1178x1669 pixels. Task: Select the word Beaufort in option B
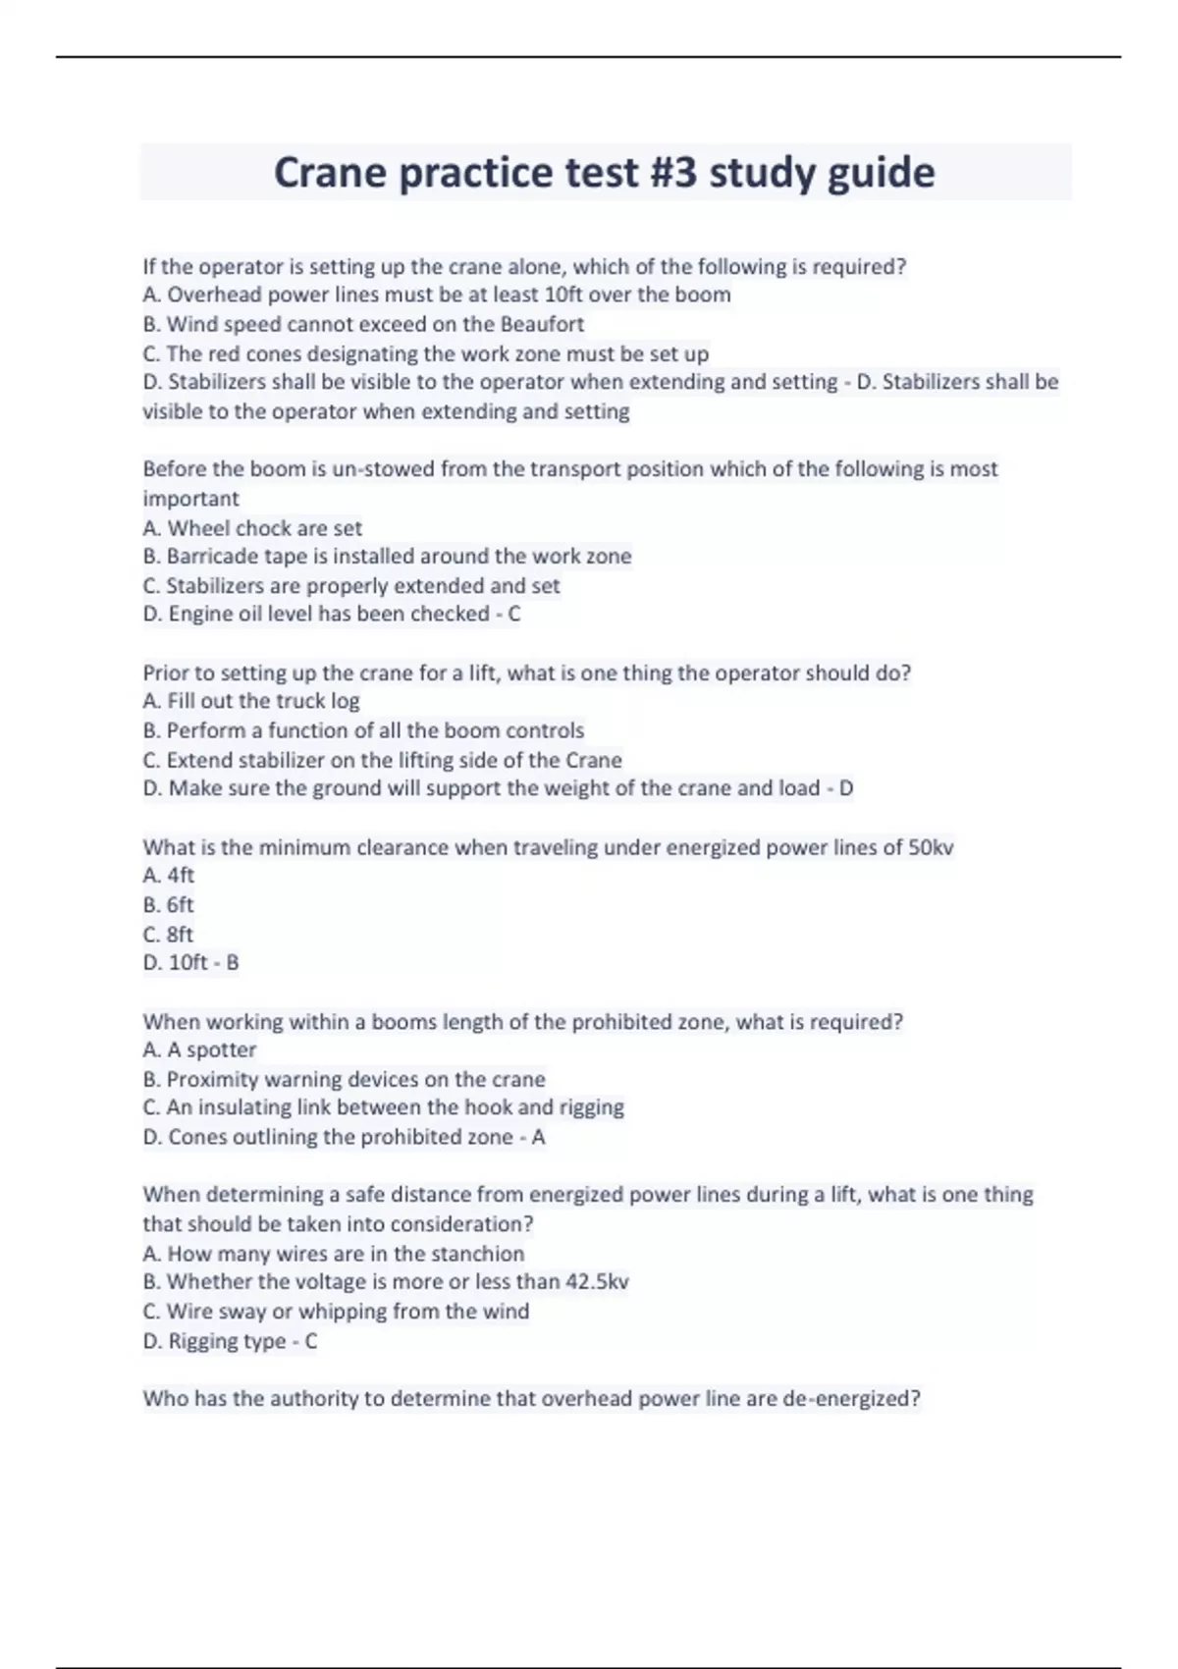542,324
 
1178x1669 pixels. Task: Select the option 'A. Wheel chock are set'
252,528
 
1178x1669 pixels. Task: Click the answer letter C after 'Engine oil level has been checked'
514,615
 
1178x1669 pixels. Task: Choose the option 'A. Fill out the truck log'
251,701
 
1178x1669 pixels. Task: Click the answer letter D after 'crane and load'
845,788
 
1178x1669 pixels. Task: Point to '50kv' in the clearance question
931,847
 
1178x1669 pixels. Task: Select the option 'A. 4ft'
169,876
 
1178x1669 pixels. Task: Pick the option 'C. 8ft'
168,934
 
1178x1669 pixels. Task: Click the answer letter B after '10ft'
233,963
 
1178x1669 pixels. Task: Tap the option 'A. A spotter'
199,1050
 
